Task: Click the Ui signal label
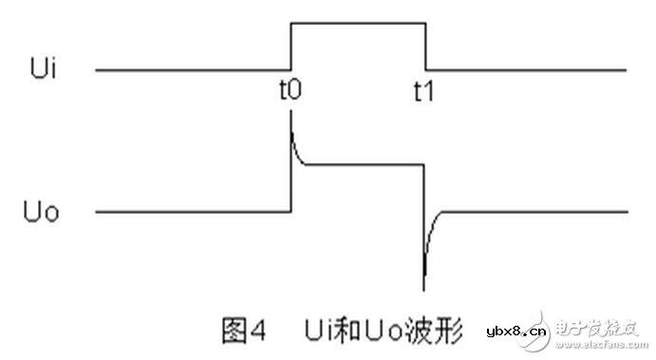(x=45, y=69)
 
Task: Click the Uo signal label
(x=42, y=211)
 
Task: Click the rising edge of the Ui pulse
(x=290, y=46)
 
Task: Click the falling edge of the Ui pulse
(x=425, y=46)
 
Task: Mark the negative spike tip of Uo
(x=424, y=288)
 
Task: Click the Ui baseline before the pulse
(x=190, y=69)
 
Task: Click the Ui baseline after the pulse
(x=527, y=69)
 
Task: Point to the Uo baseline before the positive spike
(x=190, y=211)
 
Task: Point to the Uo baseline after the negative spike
(x=541, y=211)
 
